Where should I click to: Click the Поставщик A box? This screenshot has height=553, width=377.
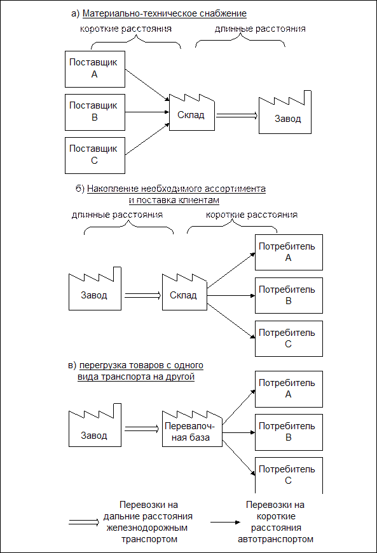pos(95,69)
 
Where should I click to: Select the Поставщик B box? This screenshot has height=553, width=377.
pos(95,112)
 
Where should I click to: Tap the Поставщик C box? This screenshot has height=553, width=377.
pos(95,156)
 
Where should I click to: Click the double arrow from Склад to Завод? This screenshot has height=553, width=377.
pos(237,116)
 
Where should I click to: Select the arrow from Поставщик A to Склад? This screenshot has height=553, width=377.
pos(147,84)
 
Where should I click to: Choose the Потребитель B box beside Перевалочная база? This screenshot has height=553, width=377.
pos(289,432)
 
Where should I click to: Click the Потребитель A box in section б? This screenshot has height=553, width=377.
pos(289,252)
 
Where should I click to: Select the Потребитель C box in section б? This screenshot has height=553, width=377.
pos(289,338)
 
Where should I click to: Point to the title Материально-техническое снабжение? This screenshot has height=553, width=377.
pos(165,14)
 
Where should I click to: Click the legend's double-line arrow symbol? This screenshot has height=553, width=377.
pos(84,523)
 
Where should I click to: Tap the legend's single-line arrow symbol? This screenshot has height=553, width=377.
pos(226,523)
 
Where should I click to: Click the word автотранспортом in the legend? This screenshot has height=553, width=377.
pos(275,539)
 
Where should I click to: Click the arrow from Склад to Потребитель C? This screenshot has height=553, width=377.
pos(231,321)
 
